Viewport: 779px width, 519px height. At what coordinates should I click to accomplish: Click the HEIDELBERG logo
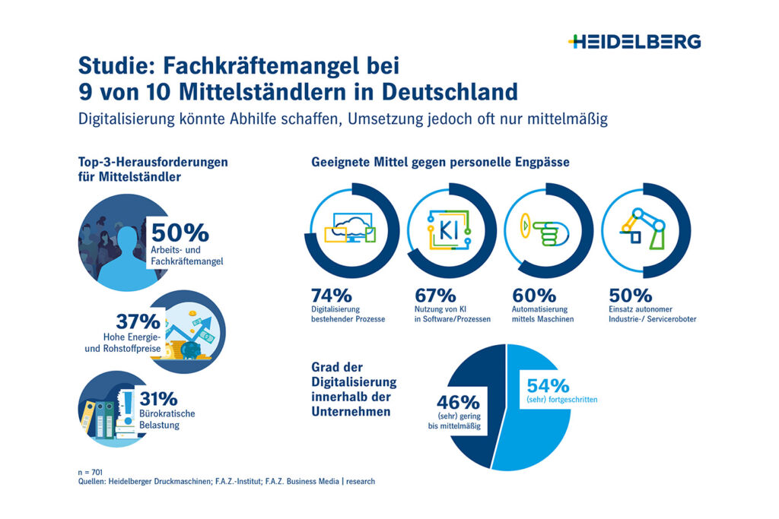coord(634,42)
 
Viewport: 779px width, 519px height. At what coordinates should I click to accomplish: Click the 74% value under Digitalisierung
coord(332,296)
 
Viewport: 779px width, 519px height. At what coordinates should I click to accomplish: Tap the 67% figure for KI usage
coord(436,296)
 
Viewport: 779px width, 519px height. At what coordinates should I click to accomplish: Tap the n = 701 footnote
coord(91,472)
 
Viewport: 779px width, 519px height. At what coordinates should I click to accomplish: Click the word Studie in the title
coord(114,65)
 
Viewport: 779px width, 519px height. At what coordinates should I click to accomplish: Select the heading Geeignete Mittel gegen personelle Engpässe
coord(440,162)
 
